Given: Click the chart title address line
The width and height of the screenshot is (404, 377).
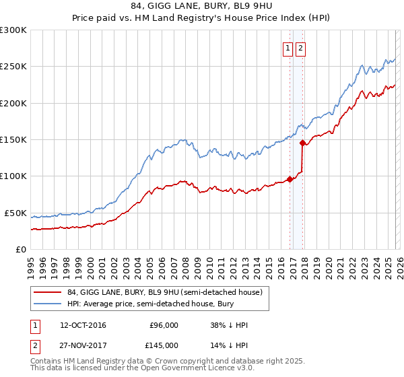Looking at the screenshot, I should click(202, 7).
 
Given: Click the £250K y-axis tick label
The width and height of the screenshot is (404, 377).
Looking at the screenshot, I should click(13, 67).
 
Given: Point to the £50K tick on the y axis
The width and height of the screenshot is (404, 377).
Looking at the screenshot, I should click(15, 213).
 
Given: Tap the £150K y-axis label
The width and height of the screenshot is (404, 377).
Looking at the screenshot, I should click(13, 139).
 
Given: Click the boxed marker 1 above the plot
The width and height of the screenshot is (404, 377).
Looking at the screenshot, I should click(288, 48).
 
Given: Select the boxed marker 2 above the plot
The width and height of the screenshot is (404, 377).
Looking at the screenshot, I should click(300, 48).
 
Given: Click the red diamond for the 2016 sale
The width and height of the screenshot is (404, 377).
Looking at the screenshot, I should click(290, 179).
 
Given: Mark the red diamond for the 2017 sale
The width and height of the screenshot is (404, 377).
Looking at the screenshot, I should click(303, 143).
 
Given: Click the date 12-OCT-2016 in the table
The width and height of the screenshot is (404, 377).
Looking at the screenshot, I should click(83, 325).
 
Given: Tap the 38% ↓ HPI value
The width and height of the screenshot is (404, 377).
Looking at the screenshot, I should click(229, 325).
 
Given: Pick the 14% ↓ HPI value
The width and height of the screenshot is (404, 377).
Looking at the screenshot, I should click(229, 345).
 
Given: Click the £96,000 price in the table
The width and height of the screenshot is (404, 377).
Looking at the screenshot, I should click(162, 325).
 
